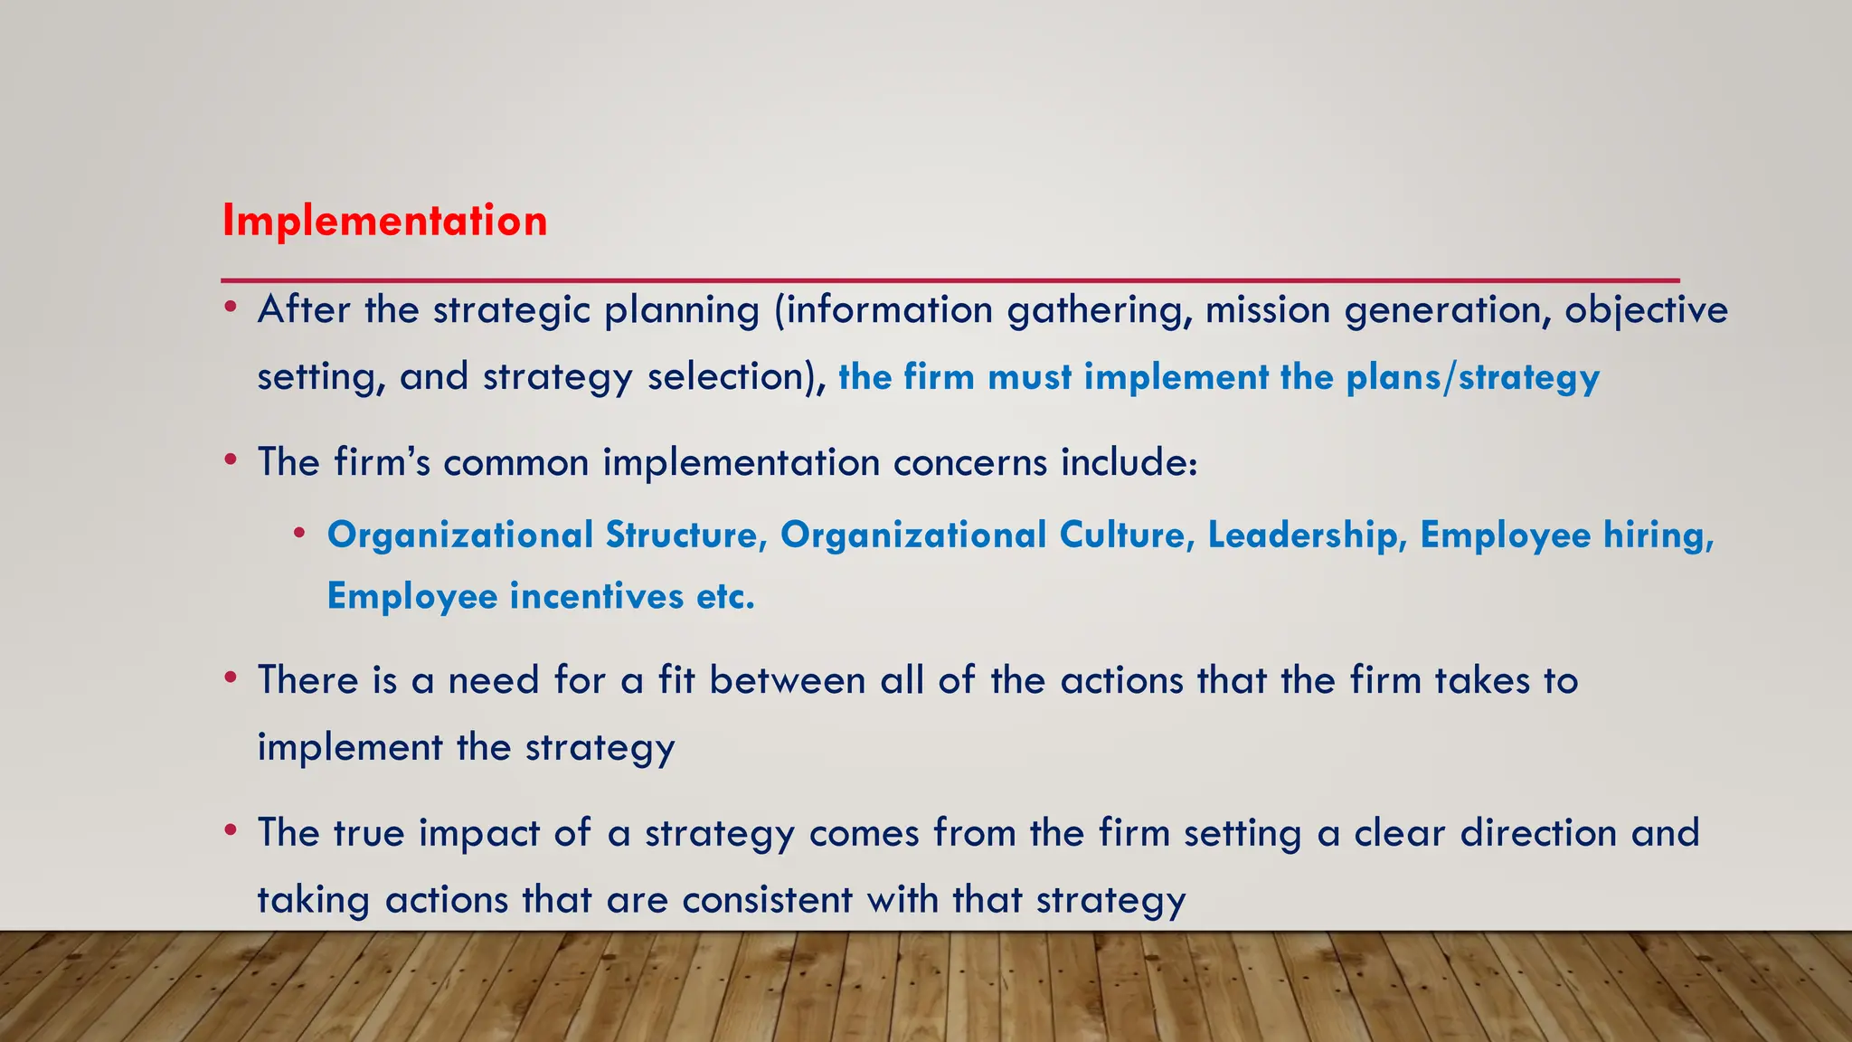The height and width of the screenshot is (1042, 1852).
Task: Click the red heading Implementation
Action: [384, 221]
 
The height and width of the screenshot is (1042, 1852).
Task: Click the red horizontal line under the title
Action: [950, 280]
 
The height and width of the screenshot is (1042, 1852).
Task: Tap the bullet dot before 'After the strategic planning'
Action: [231, 308]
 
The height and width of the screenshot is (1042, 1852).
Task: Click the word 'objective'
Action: [1647, 311]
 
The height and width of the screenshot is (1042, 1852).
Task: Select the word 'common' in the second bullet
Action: [515, 463]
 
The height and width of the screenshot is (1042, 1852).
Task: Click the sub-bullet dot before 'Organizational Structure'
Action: [299, 533]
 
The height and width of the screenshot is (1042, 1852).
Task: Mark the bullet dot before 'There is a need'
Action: [231, 677]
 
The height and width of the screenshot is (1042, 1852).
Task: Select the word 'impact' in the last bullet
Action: [479, 834]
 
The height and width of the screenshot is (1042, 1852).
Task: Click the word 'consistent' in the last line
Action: [767, 900]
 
